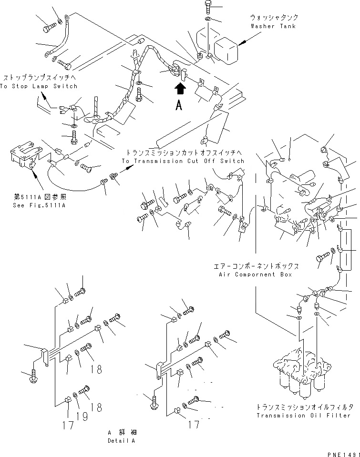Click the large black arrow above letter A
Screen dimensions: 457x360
click(179, 89)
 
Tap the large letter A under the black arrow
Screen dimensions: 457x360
click(179, 106)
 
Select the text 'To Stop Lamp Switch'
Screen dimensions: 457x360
click(39, 86)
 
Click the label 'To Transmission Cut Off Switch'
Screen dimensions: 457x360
click(183, 161)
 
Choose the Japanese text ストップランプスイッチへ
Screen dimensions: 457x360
click(38, 77)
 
